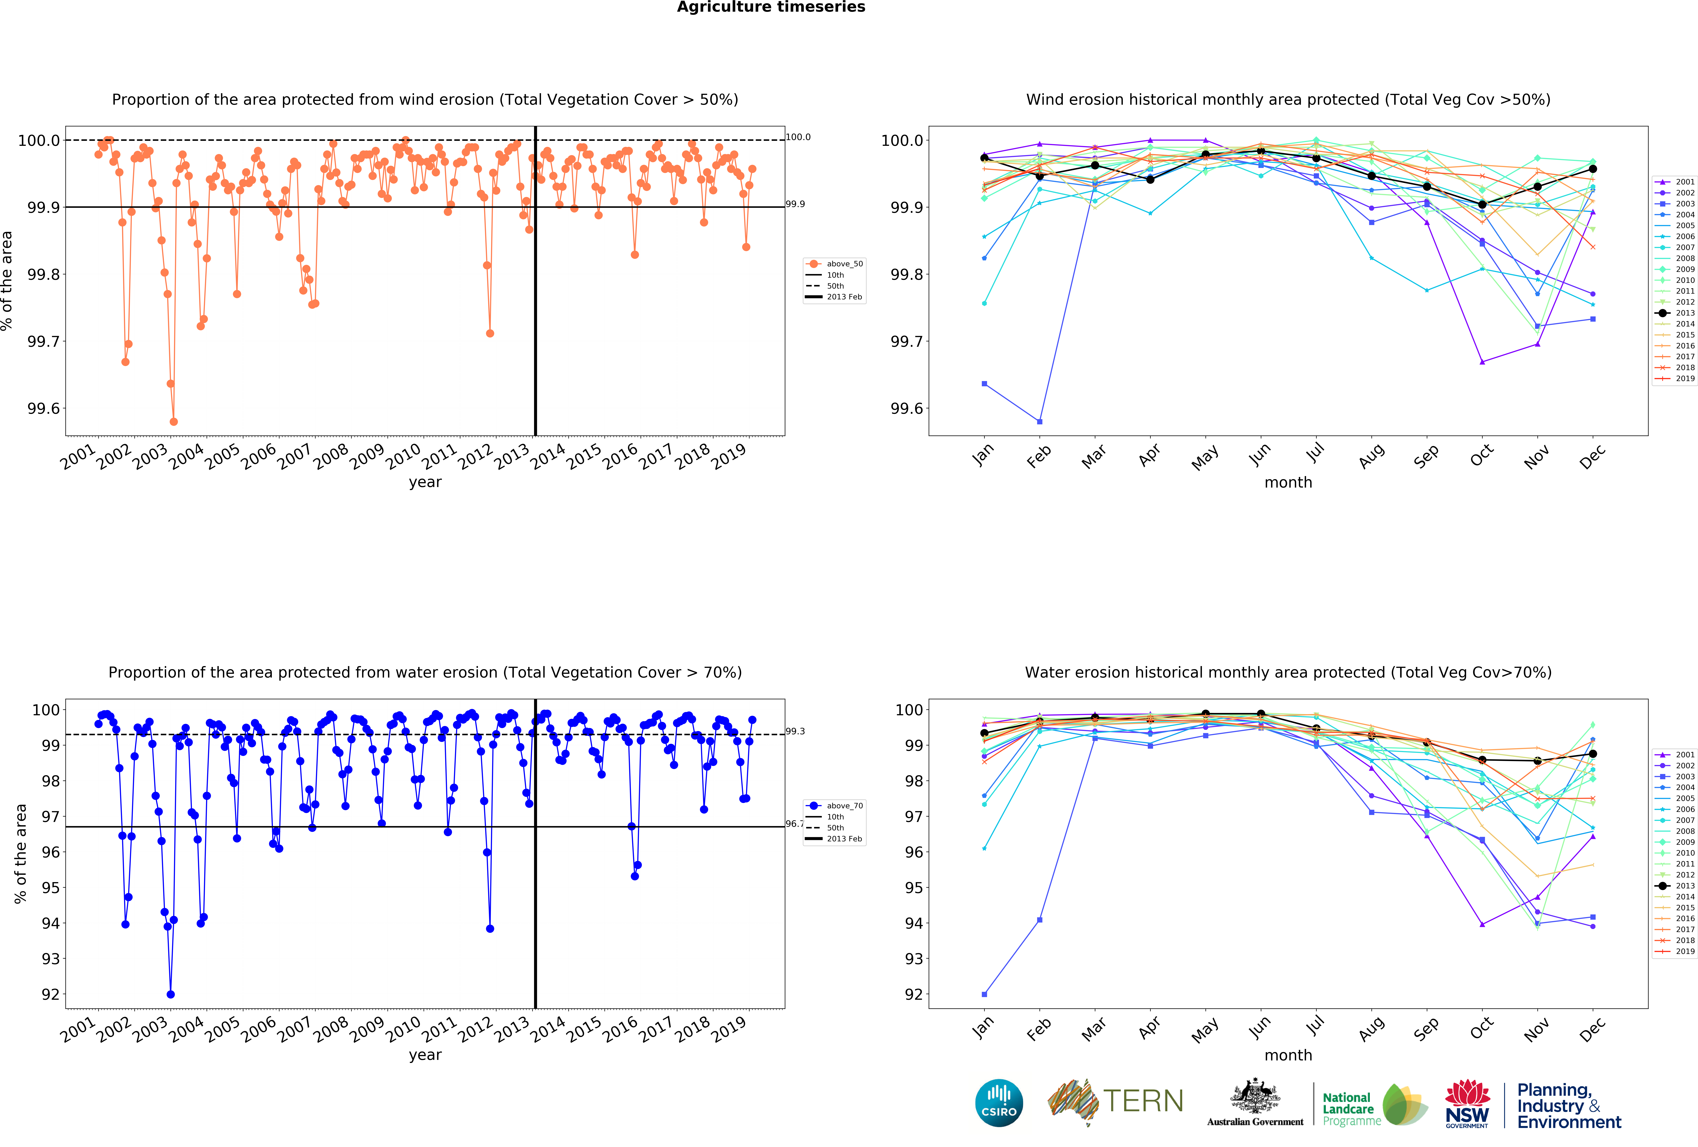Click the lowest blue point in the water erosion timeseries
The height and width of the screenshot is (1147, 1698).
(170, 994)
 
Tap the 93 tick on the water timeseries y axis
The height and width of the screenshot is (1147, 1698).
(50, 958)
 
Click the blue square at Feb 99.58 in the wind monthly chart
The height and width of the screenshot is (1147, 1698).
(1040, 421)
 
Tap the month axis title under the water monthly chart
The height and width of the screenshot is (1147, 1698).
(1288, 1055)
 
